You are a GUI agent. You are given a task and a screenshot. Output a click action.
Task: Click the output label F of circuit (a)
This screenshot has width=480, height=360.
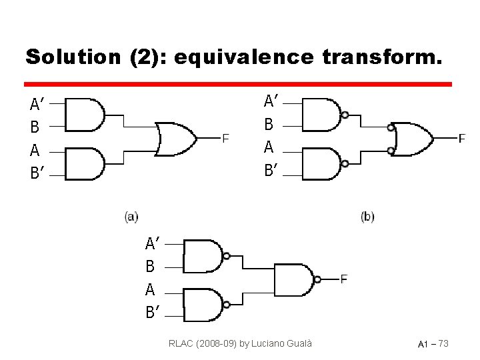[x=225, y=139]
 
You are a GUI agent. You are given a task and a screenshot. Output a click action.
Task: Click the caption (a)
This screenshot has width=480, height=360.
[x=131, y=216]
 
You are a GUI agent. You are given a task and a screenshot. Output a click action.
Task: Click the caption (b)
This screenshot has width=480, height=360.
[x=367, y=216]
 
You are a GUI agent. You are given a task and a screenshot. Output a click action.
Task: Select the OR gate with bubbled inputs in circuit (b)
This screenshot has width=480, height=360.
[x=413, y=139]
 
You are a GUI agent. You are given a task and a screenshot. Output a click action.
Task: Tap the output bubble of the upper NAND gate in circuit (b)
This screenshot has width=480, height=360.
[x=345, y=115]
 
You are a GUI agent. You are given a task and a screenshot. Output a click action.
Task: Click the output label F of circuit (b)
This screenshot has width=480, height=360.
[x=462, y=139]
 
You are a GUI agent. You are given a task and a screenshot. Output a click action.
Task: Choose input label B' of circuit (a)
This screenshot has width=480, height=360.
[x=37, y=173]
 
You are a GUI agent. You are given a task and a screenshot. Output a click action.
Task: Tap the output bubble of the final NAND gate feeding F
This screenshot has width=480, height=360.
[x=317, y=280]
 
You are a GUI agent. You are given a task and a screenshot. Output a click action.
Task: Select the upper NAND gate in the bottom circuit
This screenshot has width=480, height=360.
[x=203, y=256]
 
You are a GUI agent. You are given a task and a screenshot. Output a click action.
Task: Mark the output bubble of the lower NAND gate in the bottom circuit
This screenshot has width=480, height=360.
[x=227, y=305]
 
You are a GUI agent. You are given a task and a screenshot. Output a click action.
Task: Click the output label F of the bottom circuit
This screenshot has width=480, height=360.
[x=343, y=279]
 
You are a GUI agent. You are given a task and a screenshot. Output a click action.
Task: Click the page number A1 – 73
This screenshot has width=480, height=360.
[x=433, y=344]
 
